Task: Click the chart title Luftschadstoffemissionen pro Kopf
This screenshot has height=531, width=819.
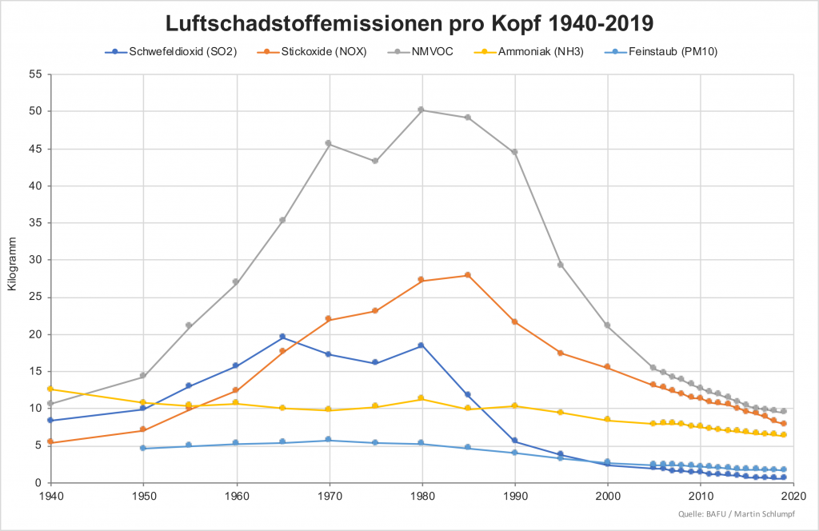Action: click(409, 22)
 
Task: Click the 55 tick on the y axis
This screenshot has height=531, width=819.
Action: click(34, 74)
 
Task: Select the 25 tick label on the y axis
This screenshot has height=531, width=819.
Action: click(34, 297)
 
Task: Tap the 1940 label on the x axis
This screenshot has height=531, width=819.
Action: click(50, 496)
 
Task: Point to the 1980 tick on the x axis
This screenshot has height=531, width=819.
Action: click(421, 496)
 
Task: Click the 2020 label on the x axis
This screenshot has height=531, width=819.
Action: click(793, 496)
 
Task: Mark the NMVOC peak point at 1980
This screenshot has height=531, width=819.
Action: click(421, 110)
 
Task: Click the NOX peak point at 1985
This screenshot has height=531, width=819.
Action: click(468, 275)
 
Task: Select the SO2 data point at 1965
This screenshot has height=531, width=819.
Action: click(282, 337)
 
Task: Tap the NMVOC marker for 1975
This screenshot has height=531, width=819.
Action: click(375, 161)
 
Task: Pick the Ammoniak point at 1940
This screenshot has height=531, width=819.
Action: click(50, 389)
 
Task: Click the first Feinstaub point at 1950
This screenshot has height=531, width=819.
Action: click(143, 448)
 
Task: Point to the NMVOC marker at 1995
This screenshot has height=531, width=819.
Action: click(561, 265)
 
